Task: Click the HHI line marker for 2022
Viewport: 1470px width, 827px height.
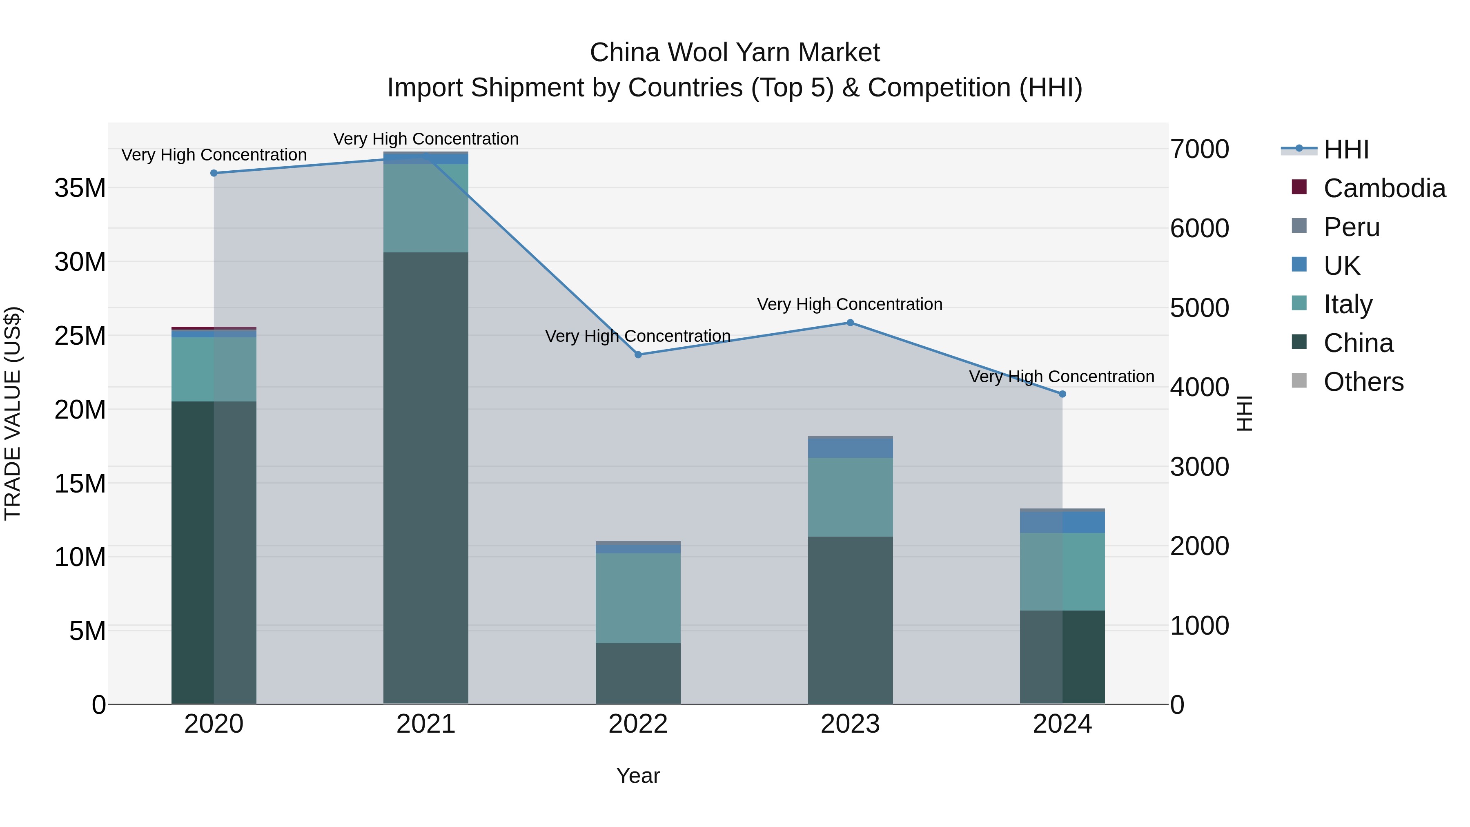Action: tap(638, 354)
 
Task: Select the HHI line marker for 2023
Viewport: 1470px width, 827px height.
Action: tap(850, 323)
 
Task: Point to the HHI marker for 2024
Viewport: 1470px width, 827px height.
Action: tap(1062, 394)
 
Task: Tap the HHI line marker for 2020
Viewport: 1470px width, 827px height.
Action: tap(214, 173)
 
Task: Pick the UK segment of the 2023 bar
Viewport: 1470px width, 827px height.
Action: tap(850, 448)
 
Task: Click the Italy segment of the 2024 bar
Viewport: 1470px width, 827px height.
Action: tap(1062, 571)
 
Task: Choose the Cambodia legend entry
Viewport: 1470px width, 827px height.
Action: tap(1384, 188)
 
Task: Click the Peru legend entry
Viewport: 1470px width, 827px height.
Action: tap(1351, 227)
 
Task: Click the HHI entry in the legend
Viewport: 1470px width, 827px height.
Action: tap(1345, 149)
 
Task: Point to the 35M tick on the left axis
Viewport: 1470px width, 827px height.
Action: tap(80, 188)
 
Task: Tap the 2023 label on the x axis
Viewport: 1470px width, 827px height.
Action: tap(850, 724)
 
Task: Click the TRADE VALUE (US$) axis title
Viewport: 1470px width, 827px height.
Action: tap(13, 413)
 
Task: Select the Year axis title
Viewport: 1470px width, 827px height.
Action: tap(638, 776)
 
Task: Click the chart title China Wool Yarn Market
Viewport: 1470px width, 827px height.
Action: tap(735, 53)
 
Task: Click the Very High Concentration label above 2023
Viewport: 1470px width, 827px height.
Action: tap(850, 304)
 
